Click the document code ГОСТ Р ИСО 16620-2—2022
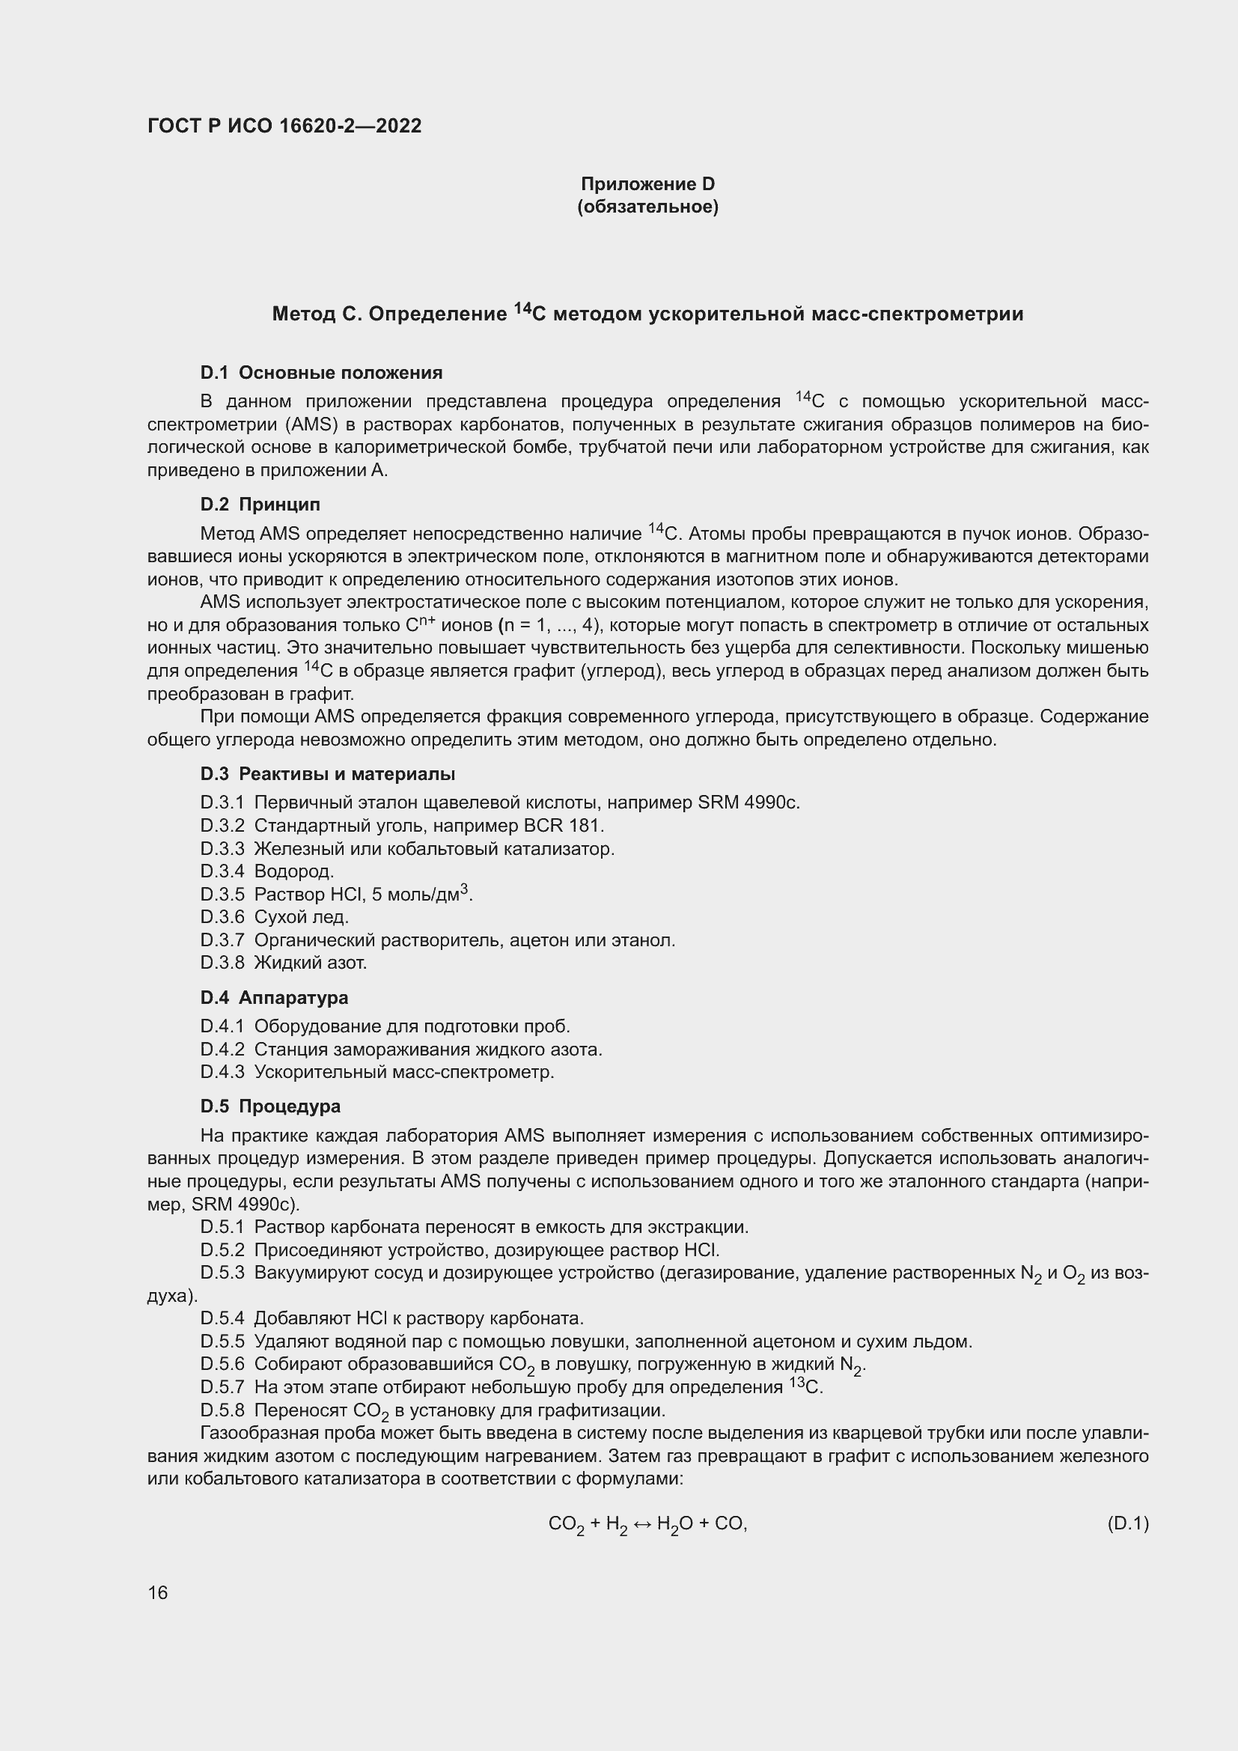tap(284, 126)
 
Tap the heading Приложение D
tap(647, 184)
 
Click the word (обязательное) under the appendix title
tap(647, 207)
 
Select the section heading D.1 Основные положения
tap(321, 373)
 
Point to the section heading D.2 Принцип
tap(260, 504)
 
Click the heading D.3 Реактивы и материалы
tap(328, 774)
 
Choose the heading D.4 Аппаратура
tap(275, 997)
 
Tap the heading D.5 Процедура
tap(271, 1106)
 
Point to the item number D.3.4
tap(222, 871)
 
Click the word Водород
tap(293, 871)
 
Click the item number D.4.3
tap(222, 1071)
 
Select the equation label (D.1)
tap(1127, 1523)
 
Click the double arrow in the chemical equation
tap(642, 1523)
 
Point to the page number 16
tap(158, 1593)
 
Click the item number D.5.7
tap(222, 1387)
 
